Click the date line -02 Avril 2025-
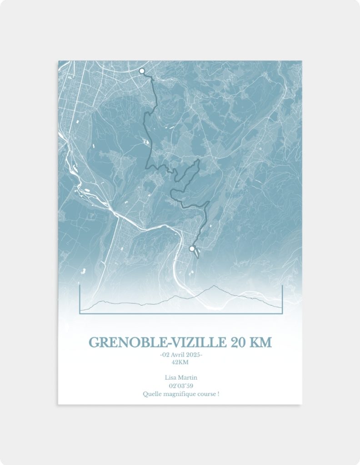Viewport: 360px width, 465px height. pyautogui.click(x=181, y=355)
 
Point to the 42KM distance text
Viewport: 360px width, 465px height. pyautogui.click(x=180, y=362)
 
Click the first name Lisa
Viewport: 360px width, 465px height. pyautogui.click(x=171, y=378)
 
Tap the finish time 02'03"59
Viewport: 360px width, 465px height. pyautogui.click(x=180, y=386)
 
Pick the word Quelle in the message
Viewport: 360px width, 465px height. pyautogui.click(x=151, y=394)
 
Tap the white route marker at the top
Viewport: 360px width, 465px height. pyautogui.click(x=142, y=71)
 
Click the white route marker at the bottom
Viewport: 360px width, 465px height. pyautogui.click(x=192, y=248)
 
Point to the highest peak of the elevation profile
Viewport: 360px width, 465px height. pyautogui.click(x=214, y=286)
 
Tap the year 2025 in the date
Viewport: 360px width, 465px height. pyautogui.click(x=193, y=355)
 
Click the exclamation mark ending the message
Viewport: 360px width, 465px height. pyautogui.click(x=218, y=394)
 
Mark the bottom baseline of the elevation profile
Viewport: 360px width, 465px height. pyautogui.click(x=181, y=313)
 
